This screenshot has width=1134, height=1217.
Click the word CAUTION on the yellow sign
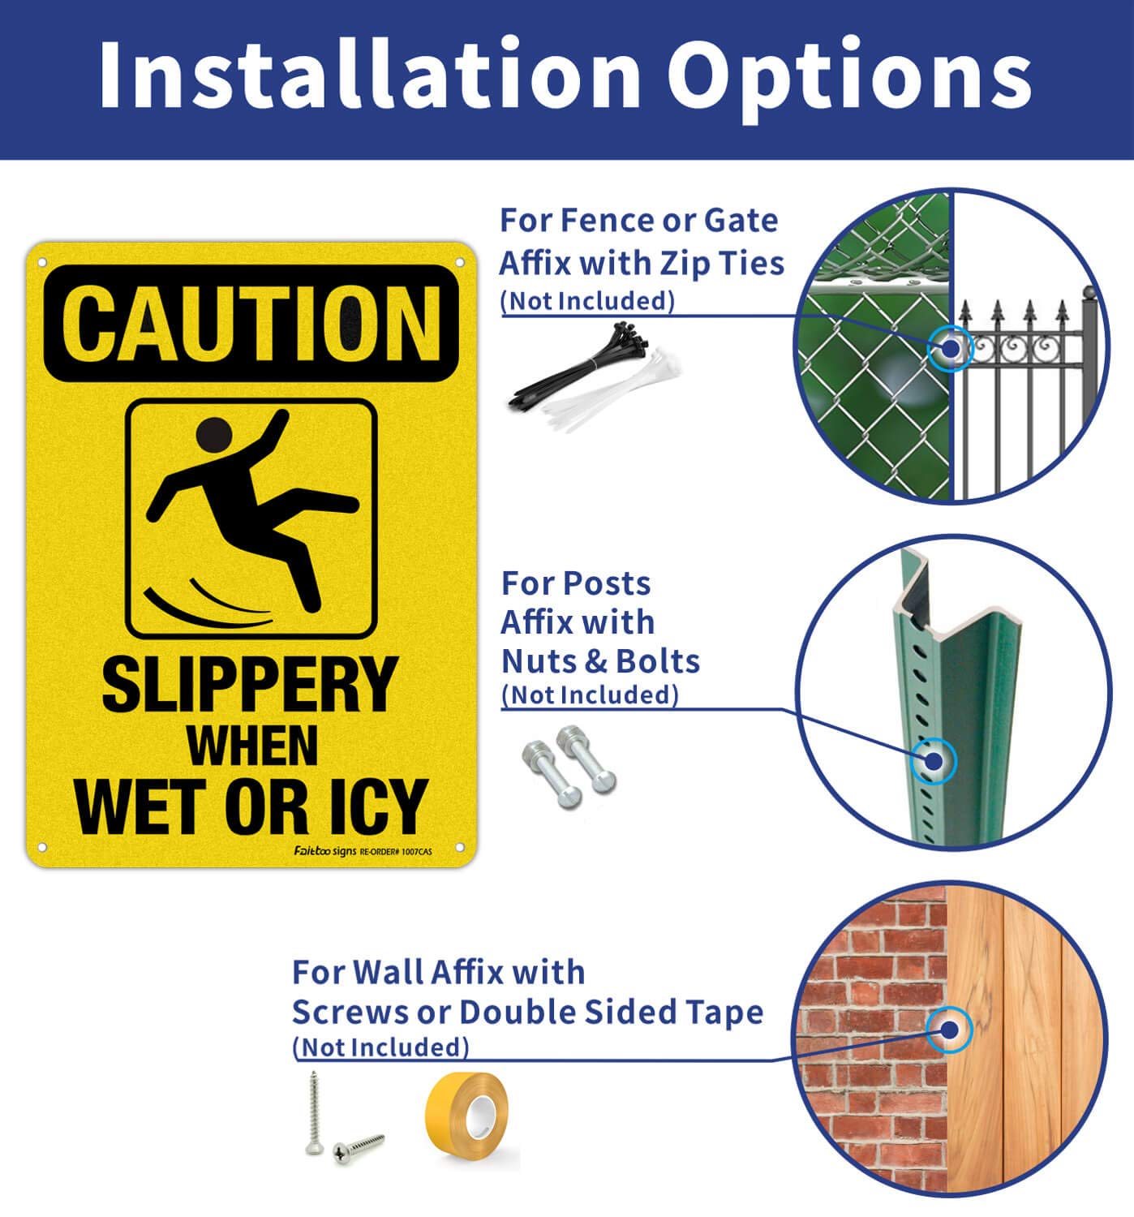coord(251,323)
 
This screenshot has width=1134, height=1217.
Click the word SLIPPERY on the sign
coord(249,685)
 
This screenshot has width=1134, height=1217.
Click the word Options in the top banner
coord(848,75)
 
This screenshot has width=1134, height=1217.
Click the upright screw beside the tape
coord(314,1112)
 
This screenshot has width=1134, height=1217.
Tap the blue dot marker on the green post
coord(934,762)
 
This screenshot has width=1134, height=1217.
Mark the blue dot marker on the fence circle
coord(950,349)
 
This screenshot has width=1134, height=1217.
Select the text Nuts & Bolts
coord(600,661)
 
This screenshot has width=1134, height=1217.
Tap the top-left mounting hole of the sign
coord(42,263)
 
